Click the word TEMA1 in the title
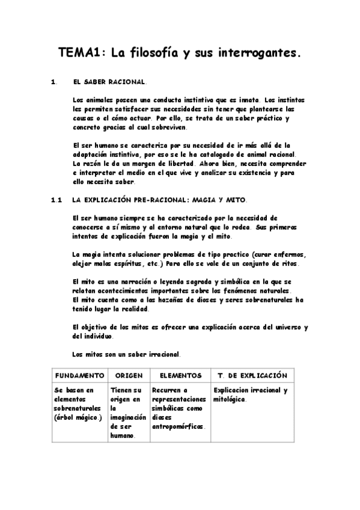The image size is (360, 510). [x=81, y=53]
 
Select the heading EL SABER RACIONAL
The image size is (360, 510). [x=109, y=81]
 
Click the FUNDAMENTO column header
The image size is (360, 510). [x=79, y=375]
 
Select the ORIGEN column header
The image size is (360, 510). [x=129, y=375]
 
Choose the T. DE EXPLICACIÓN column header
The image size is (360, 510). [x=252, y=375]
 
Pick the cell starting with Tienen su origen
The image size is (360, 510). [x=129, y=413]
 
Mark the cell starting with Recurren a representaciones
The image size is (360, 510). [x=180, y=408]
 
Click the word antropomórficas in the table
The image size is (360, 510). [x=178, y=426]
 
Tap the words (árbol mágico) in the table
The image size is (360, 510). [x=78, y=417]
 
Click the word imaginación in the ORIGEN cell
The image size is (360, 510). [x=128, y=417]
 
